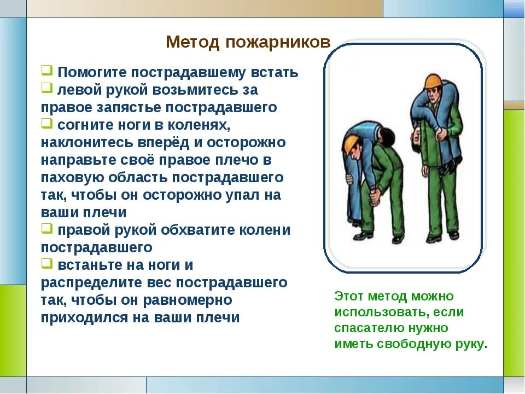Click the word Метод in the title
tap(192, 42)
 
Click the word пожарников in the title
tap(278, 43)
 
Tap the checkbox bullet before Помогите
tap(47, 71)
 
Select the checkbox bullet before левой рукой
tap(47, 88)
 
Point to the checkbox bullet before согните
tap(47, 123)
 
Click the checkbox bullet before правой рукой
tap(47, 228)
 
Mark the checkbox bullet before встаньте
tap(47, 263)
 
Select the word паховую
tap(72, 177)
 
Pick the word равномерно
tap(188, 300)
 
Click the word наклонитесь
tap(87, 142)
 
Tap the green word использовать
tap(381, 312)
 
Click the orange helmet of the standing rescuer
tap(432, 81)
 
